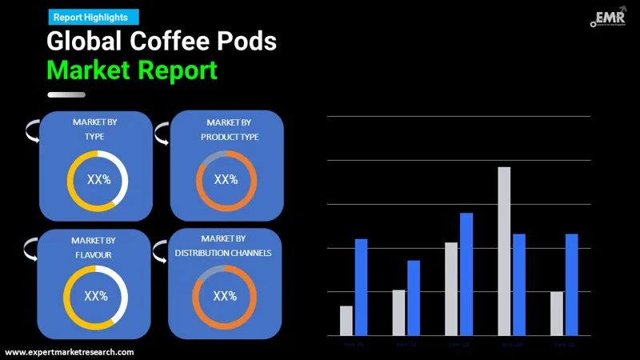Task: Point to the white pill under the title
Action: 66,94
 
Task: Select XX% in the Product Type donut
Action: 226,179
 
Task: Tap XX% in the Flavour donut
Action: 96,296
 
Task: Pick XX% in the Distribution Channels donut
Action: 225,296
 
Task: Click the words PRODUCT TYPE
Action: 229,137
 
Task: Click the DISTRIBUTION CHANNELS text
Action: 223,253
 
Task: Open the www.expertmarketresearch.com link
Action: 70,352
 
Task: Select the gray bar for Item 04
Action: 504,250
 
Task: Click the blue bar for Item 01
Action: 361,286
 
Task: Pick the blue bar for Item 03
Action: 466,274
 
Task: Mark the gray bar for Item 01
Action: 346,320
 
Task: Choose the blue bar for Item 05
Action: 571,284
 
